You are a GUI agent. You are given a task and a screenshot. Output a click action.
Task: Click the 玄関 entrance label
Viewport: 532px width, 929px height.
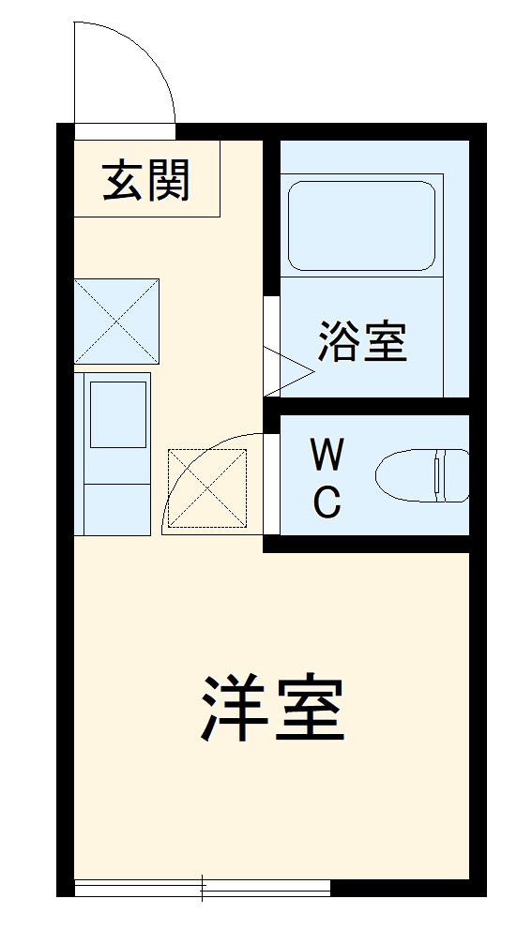146,180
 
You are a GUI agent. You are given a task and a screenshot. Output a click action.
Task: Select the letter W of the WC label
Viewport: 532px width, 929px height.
327,457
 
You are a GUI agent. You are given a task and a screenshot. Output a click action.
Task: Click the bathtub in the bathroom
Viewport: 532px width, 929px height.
361,226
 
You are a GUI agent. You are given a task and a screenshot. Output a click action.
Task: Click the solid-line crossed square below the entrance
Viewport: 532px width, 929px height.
116,321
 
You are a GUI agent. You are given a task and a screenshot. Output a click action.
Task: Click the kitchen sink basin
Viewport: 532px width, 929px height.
117,412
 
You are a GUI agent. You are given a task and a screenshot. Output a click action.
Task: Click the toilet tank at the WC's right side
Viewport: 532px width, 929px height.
451,475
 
